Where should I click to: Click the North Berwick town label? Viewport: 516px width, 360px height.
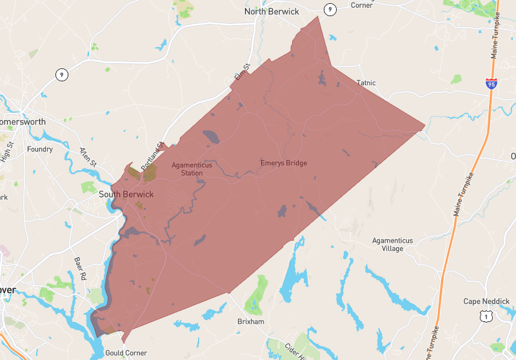272,11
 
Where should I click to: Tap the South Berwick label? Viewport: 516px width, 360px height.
126,194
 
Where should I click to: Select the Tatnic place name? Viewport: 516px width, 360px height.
366,83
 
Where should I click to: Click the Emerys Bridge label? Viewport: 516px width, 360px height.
283,163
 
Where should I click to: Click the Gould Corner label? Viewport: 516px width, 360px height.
126,353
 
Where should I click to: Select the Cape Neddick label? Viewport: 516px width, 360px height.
486,301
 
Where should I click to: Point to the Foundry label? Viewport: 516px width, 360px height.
40,150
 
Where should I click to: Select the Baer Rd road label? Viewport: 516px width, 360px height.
80,268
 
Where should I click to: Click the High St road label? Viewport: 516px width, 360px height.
6,152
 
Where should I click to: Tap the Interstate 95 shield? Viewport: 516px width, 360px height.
491,84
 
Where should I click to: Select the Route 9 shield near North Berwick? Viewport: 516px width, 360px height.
330,9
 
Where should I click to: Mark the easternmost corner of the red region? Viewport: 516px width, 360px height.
425,126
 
